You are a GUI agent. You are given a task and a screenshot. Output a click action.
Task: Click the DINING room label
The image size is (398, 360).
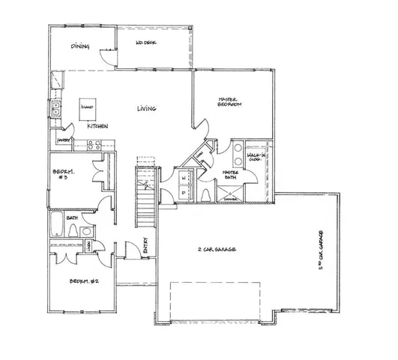coord(80,47)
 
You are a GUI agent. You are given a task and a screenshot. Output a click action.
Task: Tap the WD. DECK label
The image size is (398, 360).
coord(145,43)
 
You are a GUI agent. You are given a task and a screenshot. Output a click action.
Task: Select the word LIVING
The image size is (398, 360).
coord(146,109)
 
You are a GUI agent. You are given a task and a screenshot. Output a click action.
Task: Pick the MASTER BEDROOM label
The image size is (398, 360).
coord(229,101)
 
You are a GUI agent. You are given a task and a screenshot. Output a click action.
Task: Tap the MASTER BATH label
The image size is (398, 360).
coord(230,175)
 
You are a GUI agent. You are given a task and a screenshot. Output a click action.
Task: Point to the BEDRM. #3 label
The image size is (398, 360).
coord(64,176)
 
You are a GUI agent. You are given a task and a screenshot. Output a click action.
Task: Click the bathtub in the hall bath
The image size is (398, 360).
coord(58,225)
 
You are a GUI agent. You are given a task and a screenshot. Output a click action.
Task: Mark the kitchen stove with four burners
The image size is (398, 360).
coord(55,80)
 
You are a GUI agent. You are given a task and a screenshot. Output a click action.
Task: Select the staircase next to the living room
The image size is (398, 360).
coord(144,195)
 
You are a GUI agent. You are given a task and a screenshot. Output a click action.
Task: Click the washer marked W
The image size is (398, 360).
coord(184,178)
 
